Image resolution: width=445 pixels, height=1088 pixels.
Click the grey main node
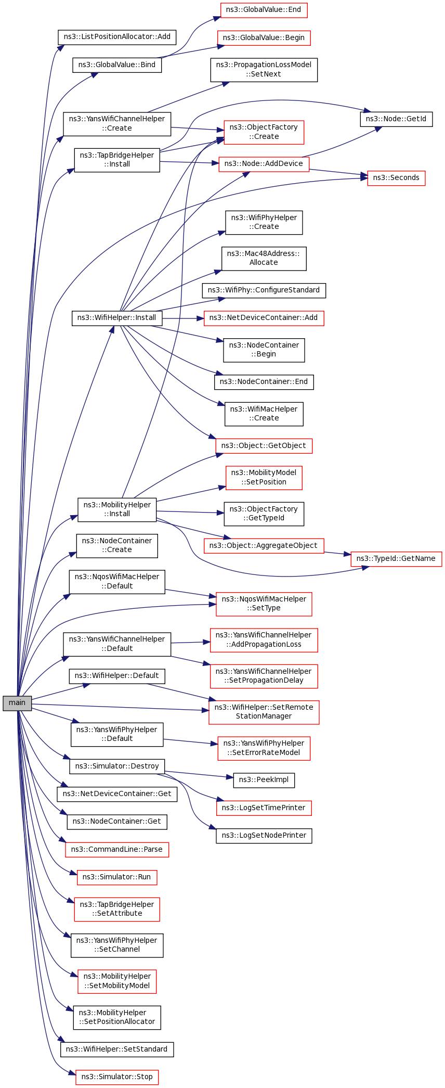click(x=17, y=702)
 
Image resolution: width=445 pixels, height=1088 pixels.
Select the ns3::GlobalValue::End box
click(x=264, y=10)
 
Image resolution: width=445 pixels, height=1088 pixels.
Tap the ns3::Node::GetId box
click(x=396, y=119)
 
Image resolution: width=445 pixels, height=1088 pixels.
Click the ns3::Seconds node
click(x=396, y=178)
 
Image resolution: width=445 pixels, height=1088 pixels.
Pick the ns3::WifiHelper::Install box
click(x=117, y=318)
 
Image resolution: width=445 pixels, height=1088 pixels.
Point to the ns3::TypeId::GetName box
click(x=396, y=559)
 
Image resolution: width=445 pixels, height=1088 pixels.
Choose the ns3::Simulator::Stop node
click(x=117, y=1077)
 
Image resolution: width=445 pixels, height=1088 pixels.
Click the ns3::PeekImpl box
click(x=264, y=780)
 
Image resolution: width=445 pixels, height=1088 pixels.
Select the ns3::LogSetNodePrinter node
click(x=264, y=836)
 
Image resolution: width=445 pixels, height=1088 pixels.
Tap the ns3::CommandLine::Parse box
click(x=117, y=850)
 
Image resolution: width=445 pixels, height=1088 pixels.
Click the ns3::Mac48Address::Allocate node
click(x=264, y=259)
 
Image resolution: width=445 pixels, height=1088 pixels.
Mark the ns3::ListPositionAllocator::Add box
click(x=117, y=37)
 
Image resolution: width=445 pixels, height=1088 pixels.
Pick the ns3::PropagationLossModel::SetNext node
click(x=264, y=70)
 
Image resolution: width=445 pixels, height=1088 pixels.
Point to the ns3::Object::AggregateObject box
click(x=264, y=546)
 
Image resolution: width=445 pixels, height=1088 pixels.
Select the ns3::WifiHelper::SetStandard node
click(x=117, y=1049)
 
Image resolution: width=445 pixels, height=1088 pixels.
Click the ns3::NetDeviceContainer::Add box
click(x=264, y=318)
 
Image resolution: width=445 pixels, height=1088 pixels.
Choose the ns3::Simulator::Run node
click(x=117, y=877)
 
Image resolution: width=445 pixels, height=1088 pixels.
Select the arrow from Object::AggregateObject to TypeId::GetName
click(x=337, y=553)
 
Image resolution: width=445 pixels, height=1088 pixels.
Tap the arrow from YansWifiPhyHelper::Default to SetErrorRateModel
click(x=190, y=742)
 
